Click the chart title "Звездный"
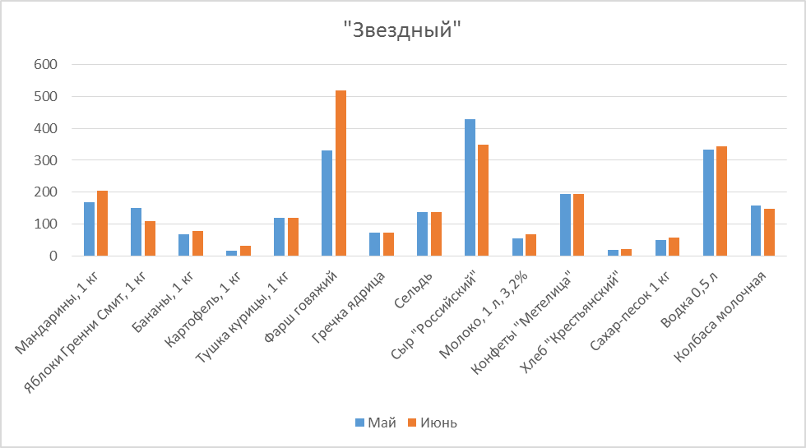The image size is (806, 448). [403, 30]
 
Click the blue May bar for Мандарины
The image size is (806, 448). [89, 229]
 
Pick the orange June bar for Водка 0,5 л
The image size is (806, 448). [722, 201]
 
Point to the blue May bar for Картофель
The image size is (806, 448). [232, 253]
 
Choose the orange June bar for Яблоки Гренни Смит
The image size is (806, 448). [150, 238]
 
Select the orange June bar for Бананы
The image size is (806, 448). [197, 243]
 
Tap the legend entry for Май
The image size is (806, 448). [376, 423]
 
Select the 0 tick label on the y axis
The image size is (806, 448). [53, 256]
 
